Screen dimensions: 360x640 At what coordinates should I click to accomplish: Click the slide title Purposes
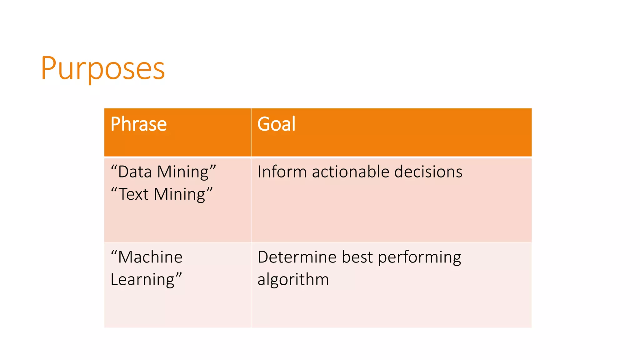click(102, 68)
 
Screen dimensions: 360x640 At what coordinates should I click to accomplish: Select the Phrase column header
click(138, 124)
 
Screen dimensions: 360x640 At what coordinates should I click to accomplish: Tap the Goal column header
click(276, 124)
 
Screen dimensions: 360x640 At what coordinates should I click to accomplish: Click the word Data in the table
click(135, 172)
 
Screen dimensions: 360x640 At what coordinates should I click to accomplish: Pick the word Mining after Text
click(180, 195)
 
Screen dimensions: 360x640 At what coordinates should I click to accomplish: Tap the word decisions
click(428, 172)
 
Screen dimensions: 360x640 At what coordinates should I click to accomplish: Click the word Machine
click(150, 257)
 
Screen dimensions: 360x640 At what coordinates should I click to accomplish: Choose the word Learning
click(142, 280)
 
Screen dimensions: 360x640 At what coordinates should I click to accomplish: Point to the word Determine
click(297, 257)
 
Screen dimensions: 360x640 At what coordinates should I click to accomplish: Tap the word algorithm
click(293, 280)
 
